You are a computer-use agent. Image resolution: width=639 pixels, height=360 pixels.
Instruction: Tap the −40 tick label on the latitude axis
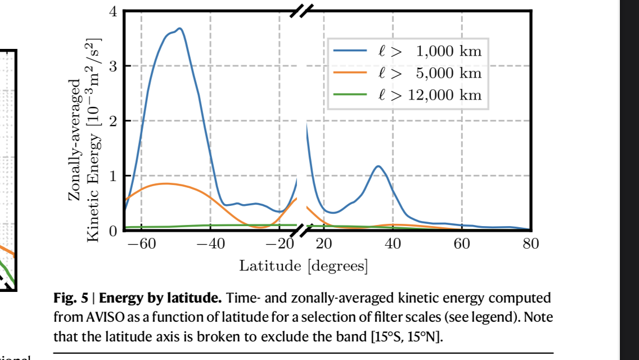point(210,244)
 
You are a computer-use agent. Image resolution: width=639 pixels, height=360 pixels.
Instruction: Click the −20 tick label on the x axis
point(279,244)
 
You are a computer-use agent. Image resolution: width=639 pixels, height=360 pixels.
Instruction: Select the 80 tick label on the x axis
point(530,244)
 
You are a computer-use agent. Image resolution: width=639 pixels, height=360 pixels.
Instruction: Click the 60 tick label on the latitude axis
point(462,244)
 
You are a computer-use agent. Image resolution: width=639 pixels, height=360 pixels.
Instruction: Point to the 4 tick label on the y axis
point(113,11)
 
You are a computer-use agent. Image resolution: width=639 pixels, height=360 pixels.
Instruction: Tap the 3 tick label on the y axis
point(113,66)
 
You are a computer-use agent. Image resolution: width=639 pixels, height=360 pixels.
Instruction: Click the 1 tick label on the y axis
point(113,175)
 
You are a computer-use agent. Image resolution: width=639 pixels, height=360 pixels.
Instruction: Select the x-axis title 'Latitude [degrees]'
point(304,265)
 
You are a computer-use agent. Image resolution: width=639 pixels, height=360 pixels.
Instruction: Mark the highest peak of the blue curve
point(179,28)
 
